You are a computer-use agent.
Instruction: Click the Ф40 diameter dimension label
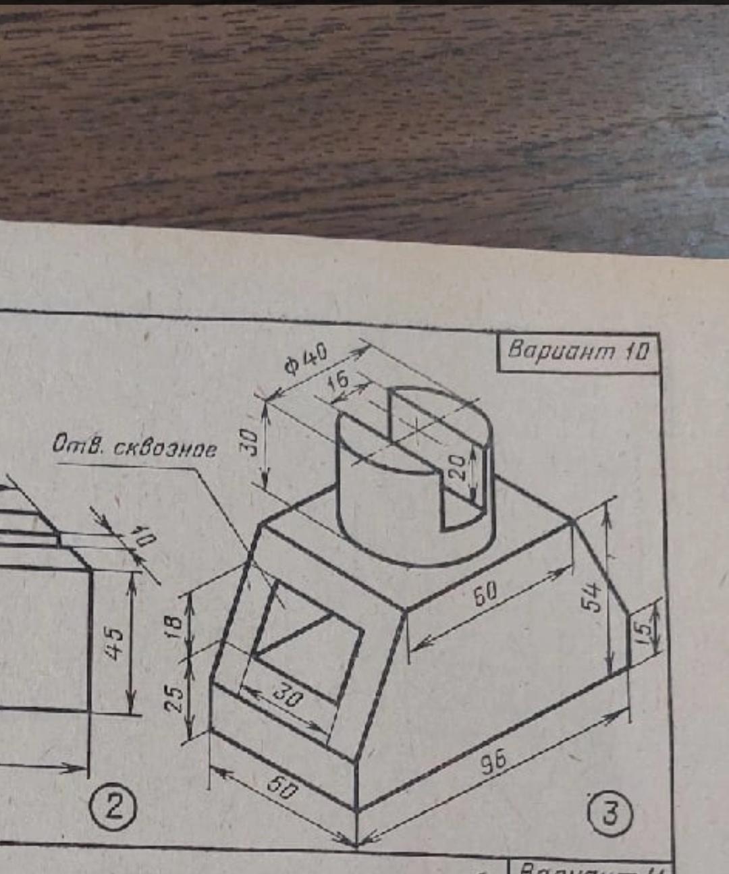[306, 358]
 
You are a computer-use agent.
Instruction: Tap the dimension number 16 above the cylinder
[337, 381]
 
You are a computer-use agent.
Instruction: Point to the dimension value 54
[591, 596]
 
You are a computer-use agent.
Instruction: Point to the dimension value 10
[143, 537]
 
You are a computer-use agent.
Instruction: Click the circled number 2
[115, 807]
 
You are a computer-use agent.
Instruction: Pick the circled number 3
[610, 813]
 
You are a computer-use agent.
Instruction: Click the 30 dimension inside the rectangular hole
[287, 695]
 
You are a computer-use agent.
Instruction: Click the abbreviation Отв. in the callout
[78, 443]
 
